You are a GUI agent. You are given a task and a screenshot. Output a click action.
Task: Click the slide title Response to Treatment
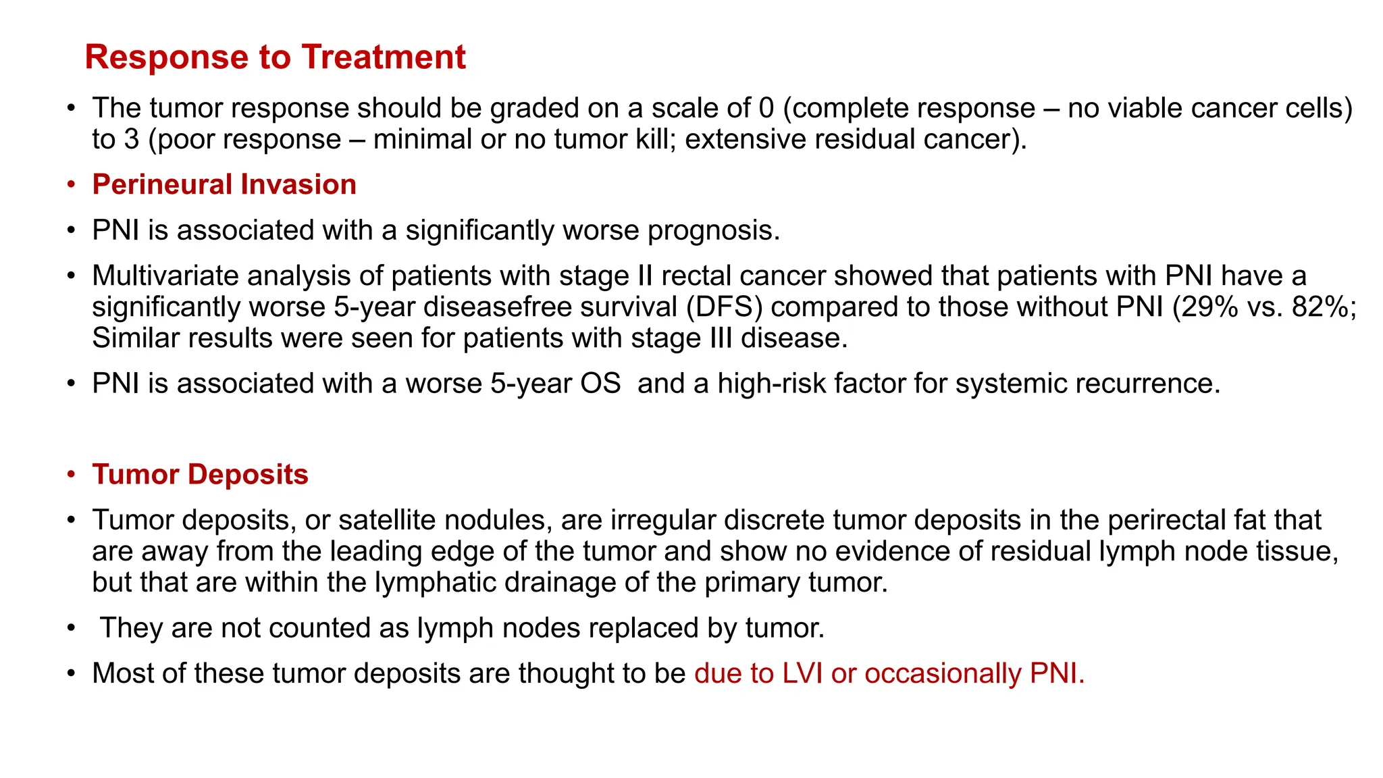[275, 57]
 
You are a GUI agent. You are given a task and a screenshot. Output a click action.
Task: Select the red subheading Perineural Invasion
[224, 184]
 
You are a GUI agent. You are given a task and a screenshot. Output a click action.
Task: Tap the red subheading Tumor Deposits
[200, 474]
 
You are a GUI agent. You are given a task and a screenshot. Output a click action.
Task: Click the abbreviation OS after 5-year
[600, 384]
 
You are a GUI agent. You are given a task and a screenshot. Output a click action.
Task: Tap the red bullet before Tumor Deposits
[71, 475]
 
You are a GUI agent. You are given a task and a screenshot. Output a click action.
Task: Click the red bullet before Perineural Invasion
[71, 185]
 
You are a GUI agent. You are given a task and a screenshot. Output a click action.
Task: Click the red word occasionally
[943, 673]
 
